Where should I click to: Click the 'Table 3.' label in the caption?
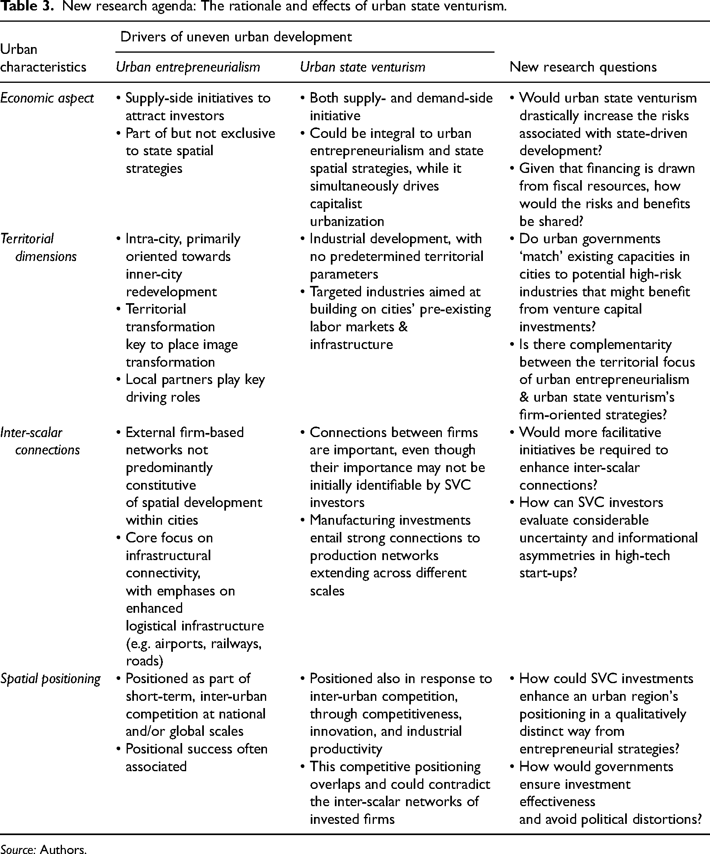point(27,7)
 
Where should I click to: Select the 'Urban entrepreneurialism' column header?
point(188,67)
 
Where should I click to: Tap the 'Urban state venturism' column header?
point(362,67)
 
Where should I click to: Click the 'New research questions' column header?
point(583,67)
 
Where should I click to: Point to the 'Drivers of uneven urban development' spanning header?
point(236,37)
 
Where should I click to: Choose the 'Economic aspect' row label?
point(47,98)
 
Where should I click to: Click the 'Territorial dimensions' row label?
point(39,247)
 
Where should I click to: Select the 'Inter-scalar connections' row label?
point(40,441)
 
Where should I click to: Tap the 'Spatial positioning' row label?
point(50,679)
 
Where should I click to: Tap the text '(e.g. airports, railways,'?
point(193,644)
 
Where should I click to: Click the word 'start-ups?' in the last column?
point(548,573)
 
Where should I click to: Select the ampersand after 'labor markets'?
point(403,327)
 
